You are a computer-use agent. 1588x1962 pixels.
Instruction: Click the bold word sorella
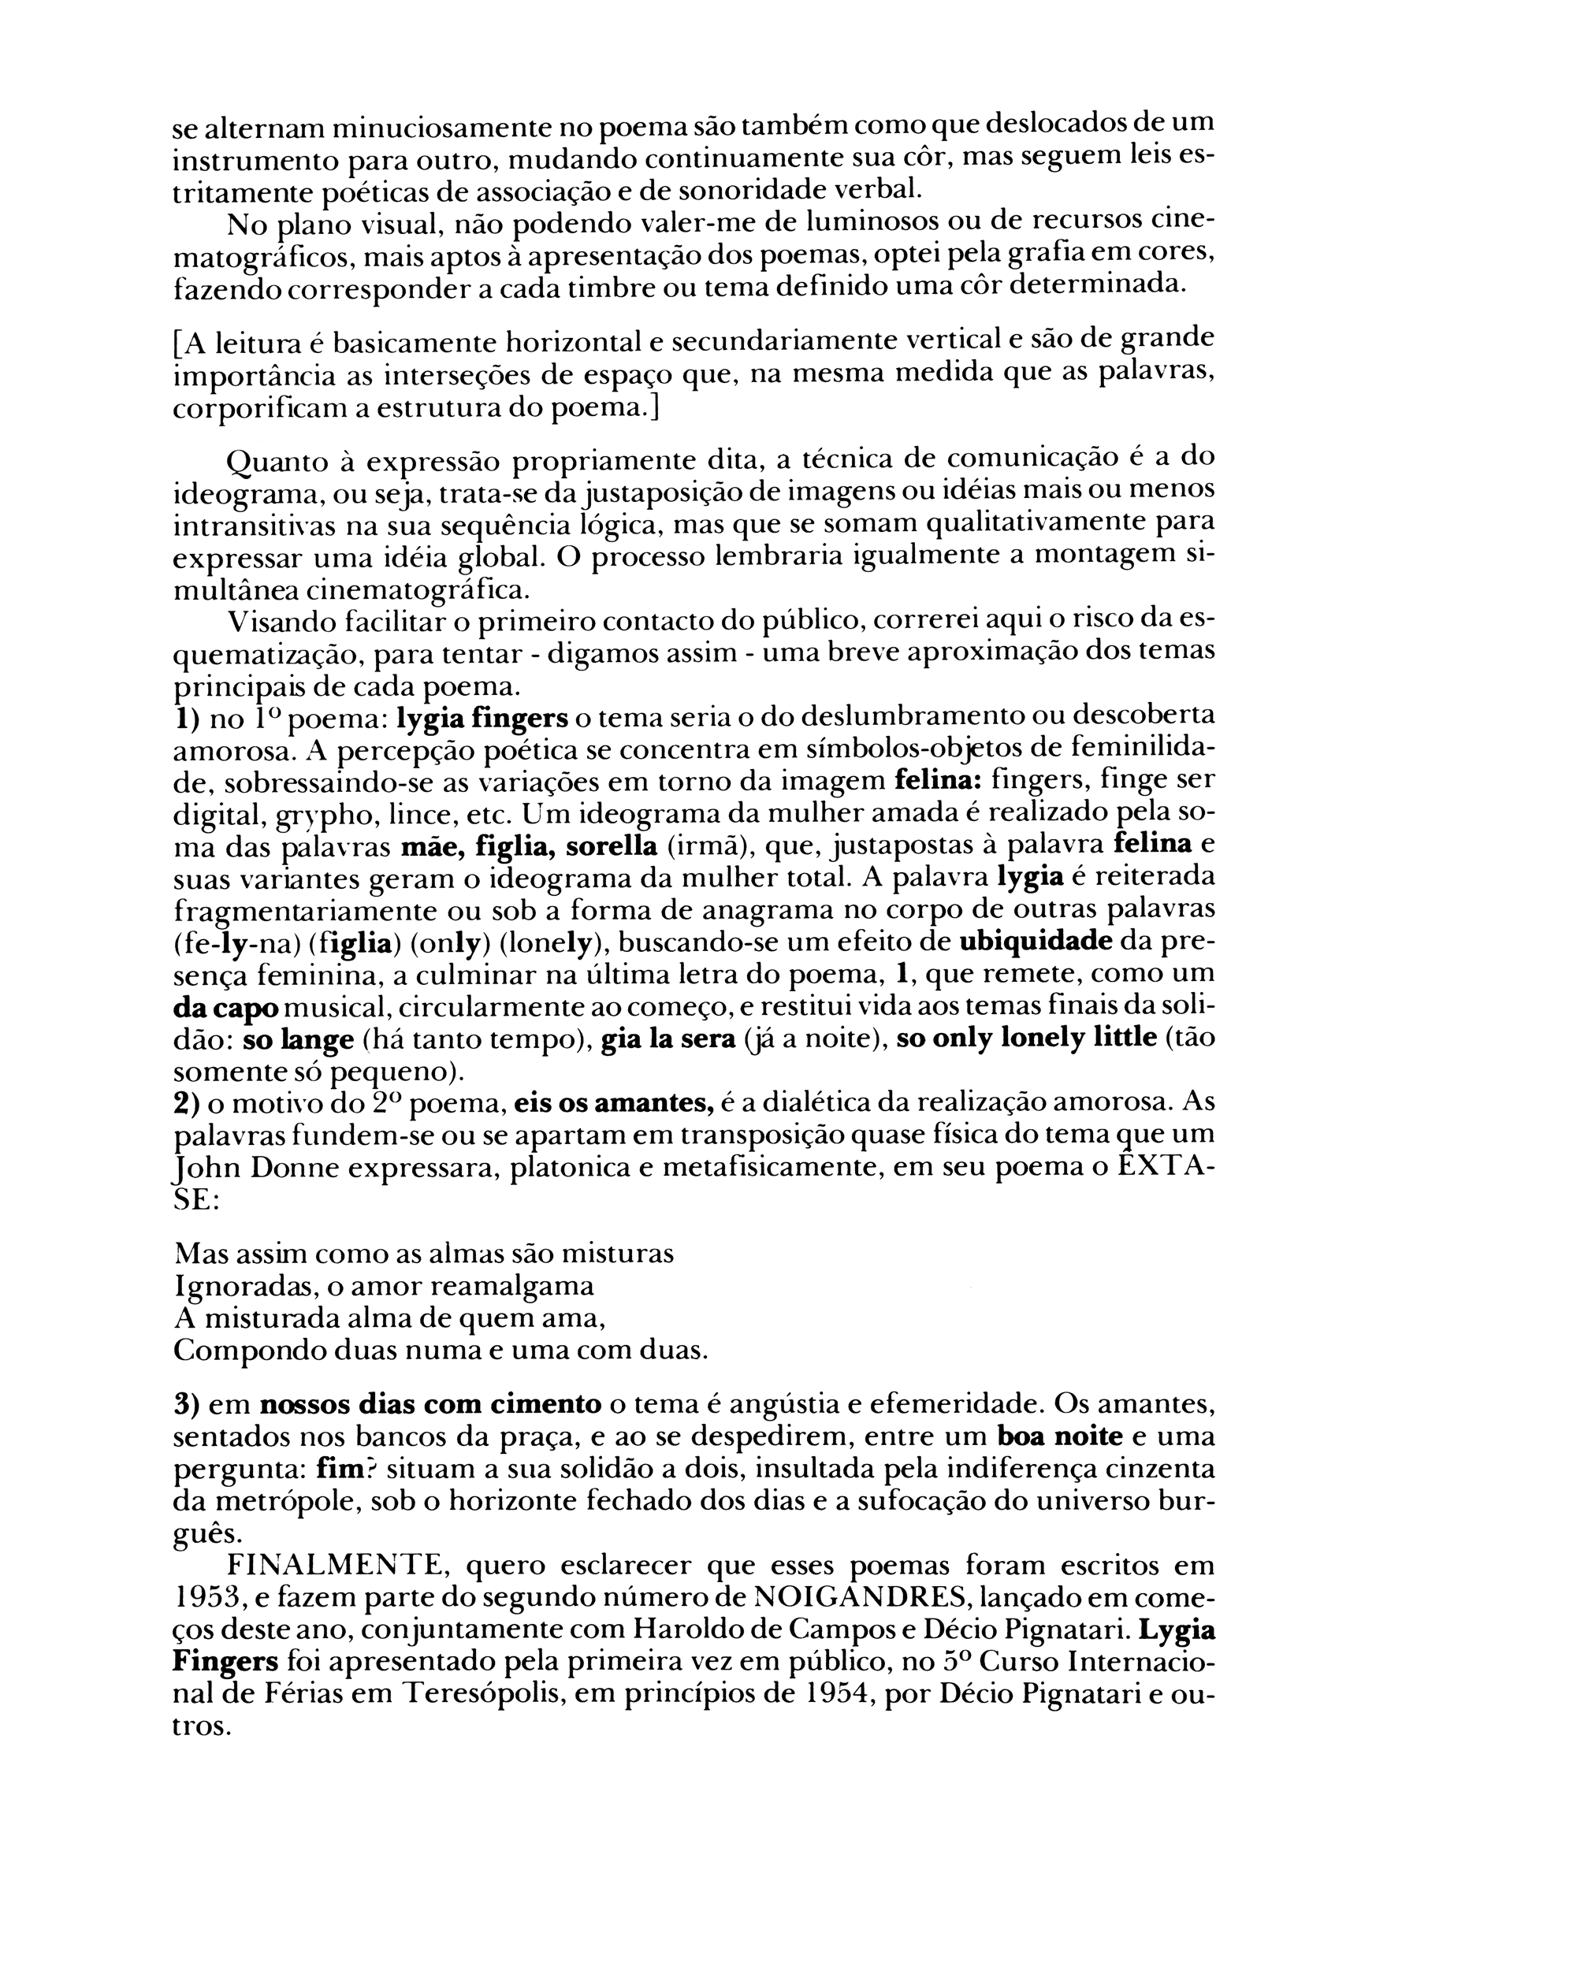(x=610, y=845)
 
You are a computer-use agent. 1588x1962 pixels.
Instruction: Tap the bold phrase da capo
(x=226, y=1008)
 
